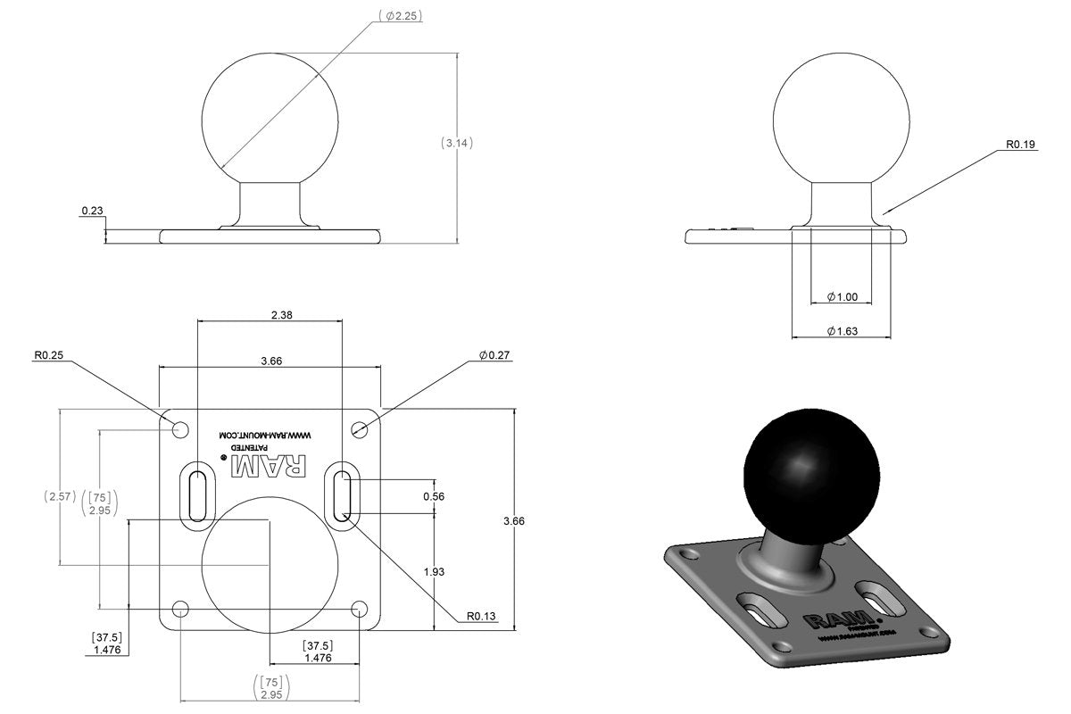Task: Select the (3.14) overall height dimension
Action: pos(457,143)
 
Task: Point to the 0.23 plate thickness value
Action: pos(92,212)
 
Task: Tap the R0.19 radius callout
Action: pos(1020,145)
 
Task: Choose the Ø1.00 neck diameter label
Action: pos(842,296)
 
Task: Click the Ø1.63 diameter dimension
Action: pos(842,331)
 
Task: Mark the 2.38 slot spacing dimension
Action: pos(270,314)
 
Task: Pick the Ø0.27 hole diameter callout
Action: pos(494,355)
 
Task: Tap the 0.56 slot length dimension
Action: pos(434,496)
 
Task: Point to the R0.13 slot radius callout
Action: pos(483,616)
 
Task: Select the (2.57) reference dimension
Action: pos(59,495)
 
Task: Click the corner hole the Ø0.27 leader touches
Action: pos(360,430)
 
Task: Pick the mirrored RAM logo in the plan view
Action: pos(269,465)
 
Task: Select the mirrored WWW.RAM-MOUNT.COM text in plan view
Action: pos(269,436)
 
